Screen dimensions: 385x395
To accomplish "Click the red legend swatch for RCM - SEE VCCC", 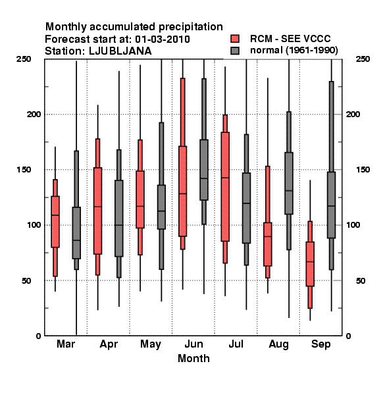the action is [x=235, y=39].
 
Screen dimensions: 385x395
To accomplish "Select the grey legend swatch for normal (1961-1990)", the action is [x=235, y=51].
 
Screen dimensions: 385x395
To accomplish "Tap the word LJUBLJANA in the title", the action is [x=120, y=51].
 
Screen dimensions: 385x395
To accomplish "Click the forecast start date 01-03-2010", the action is [x=163, y=39].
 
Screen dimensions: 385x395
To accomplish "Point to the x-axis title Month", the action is [x=193, y=358].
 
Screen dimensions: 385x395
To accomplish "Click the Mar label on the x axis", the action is [x=66, y=344].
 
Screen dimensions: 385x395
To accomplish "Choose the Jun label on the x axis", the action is [x=193, y=344].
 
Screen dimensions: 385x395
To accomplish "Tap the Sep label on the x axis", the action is [x=321, y=344].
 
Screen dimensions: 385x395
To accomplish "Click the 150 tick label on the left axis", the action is [x=24, y=170].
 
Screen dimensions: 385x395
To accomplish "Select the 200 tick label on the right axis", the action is [x=353, y=114].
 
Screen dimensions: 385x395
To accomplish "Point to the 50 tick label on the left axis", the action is [x=26, y=280].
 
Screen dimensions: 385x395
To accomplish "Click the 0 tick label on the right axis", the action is [x=348, y=336].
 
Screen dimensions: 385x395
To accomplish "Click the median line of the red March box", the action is [x=55, y=215].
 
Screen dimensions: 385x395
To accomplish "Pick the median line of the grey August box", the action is [x=289, y=190].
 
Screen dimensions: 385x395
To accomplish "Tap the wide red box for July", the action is [x=225, y=187].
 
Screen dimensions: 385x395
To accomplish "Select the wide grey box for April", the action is [x=119, y=219].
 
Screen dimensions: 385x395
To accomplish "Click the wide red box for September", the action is [x=310, y=264].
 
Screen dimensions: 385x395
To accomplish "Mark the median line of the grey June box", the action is [x=204, y=178].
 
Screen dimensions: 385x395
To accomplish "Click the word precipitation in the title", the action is [x=191, y=27].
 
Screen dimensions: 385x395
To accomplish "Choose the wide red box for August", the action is [x=268, y=244].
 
